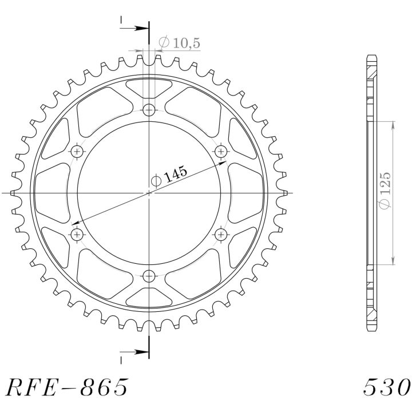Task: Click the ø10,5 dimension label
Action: pyautogui.click(x=180, y=42)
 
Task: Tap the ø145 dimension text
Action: pyautogui.click(x=169, y=176)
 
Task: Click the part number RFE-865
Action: pyautogui.click(x=67, y=387)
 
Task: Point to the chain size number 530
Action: pyautogui.click(x=387, y=387)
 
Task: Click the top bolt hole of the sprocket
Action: pyautogui.click(x=149, y=110)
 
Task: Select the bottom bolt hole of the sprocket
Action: pyautogui.click(x=149, y=276)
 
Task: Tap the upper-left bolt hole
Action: pyautogui.click(x=77, y=151)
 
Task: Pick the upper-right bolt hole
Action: pyautogui.click(x=221, y=151)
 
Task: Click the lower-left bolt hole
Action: pyautogui.click(x=77, y=234)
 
